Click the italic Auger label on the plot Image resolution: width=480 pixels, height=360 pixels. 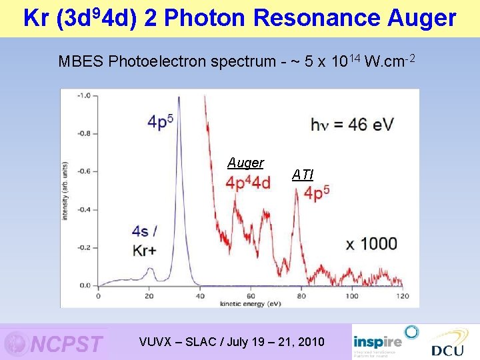pos(245,163)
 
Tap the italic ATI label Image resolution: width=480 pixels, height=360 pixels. pos(302,175)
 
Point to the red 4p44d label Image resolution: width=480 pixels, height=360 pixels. pos(248,183)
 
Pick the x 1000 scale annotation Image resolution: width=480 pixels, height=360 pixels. pos(371,243)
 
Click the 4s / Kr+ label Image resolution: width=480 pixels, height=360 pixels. pos(146,241)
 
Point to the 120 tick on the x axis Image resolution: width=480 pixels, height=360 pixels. pos(402,295)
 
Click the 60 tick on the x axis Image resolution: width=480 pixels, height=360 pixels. pos(250,295)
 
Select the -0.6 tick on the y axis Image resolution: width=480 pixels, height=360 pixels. pos(83,171)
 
